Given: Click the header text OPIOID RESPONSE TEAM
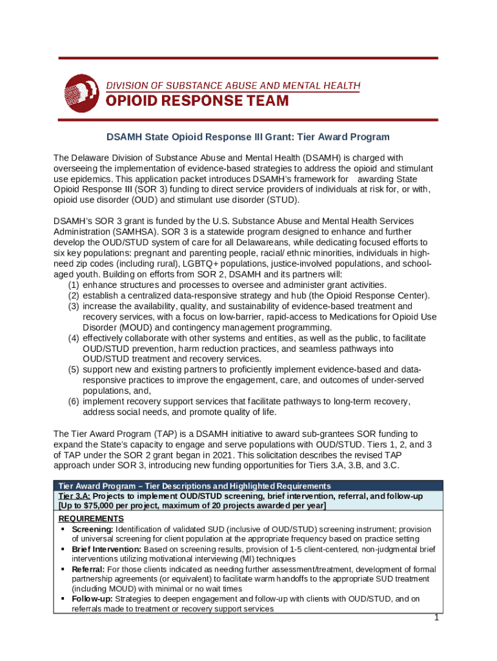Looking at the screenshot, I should coord(197,101).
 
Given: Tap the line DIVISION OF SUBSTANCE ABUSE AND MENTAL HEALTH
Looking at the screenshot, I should coord(233,86).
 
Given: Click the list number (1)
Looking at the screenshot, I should coord(74,285).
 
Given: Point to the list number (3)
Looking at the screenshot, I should coord(74,306).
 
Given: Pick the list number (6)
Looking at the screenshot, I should coord(74,402).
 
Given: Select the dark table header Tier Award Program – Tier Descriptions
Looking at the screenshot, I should coord(194,486).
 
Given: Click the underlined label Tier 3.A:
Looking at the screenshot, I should coord(74,496).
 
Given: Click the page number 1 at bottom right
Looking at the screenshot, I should coord(437,617).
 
